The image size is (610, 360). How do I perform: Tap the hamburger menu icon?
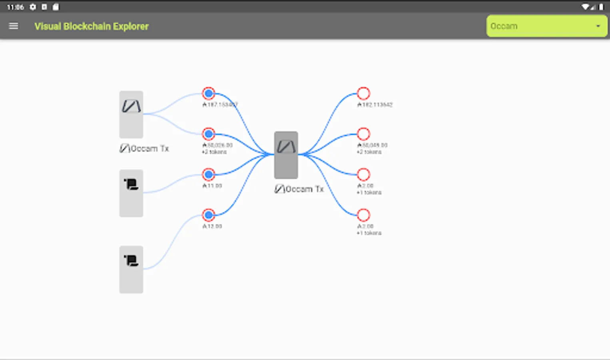[x=14, y=26]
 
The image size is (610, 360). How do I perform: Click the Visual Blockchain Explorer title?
[x=92, y=26]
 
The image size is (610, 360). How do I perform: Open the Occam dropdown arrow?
[x=598, y=26]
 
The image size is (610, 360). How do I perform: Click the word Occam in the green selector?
[x=504, y=26]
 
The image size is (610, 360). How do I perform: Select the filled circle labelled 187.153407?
[x=208, y=94]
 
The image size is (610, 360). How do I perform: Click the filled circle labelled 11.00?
[x=208, y=174]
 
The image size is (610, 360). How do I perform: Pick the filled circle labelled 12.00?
[x=208, y=215]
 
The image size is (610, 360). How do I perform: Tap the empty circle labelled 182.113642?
[x=363, y=94]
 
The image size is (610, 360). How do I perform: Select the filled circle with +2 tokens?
[x=208, y=134]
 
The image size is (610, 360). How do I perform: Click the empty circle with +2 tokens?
[x=363, y=134]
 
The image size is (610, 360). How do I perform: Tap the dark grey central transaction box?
[x=286, y=155]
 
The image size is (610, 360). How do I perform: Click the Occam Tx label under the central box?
[x=299, y=189]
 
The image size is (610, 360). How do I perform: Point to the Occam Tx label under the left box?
[x=144, y=148]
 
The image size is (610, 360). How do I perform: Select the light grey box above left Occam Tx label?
[x=131, y=114]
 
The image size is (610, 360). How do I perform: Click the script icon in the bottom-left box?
[x=131, y=261]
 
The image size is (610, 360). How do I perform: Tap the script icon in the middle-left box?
[x=131, y=184]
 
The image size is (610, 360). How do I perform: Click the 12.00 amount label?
[x=212, y=226]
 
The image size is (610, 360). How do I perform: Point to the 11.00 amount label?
[x=212, y=186]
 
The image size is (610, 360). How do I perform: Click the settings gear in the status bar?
[x=33, y=7]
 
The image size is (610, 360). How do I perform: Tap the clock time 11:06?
[x=15, y=7]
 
